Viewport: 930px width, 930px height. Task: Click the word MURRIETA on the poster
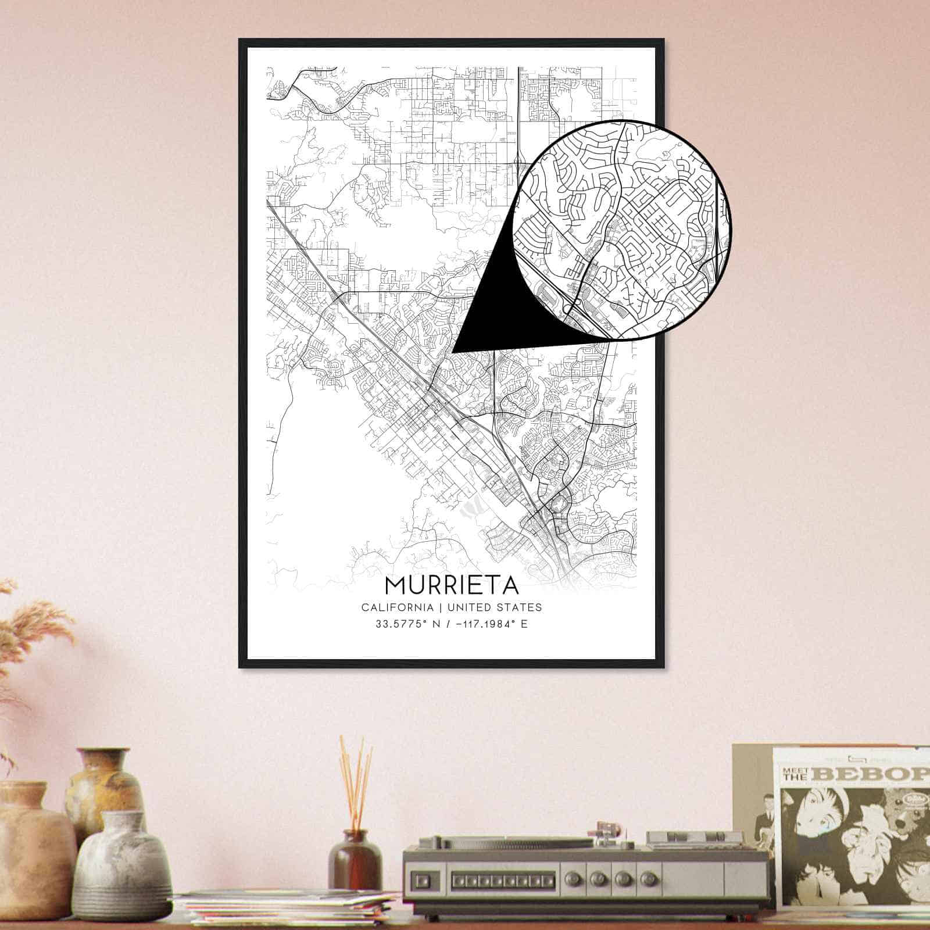451,585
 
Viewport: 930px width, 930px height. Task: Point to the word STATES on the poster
521,607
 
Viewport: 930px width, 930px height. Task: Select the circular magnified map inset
622,230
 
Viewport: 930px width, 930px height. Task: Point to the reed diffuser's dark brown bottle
355,860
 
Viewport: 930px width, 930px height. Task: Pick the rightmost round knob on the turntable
642,877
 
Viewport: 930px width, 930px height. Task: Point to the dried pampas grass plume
35,634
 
